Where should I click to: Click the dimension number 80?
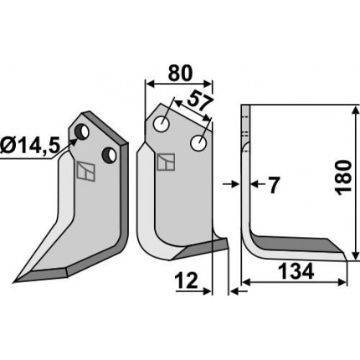coord(180,74)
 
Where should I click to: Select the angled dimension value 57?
coord(199,102)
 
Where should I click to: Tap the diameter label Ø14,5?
coord(30,147)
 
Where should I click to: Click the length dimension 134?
coord(296,271)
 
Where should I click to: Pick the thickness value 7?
coord(274,185)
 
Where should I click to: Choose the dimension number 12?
coord(186,280)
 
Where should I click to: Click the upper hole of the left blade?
coord(82,131)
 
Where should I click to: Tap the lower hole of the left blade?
coord(110,155)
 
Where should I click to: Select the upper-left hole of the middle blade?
coord(161,124)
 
